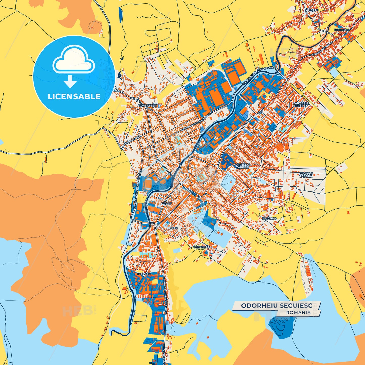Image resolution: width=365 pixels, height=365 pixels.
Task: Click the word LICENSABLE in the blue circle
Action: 74,96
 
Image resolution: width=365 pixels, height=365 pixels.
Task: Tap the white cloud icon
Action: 74,60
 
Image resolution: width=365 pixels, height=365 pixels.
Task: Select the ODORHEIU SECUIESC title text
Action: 277,306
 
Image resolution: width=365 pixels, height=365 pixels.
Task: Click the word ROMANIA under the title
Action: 299,312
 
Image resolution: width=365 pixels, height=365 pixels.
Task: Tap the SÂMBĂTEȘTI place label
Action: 147,105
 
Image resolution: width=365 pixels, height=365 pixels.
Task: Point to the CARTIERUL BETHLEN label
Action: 301,105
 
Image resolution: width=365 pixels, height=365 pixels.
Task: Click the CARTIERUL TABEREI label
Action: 243,166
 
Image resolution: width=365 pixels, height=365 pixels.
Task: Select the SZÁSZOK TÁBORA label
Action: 306,175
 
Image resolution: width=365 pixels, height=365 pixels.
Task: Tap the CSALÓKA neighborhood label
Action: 270,219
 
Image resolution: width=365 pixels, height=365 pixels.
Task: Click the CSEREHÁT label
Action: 201,247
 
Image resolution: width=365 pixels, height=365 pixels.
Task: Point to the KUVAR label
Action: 172,228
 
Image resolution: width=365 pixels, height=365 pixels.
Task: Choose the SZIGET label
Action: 166,204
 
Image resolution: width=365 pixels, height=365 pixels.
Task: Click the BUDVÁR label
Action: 144,274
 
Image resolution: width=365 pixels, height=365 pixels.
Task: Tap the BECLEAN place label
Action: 341,30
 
